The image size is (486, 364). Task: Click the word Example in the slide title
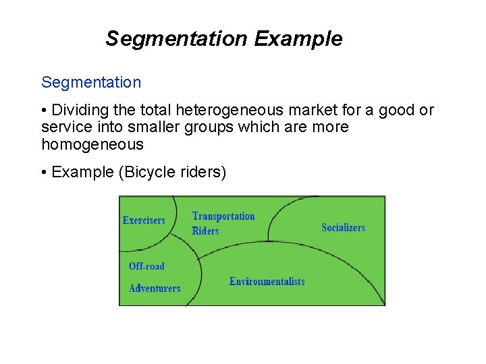pyautogui.click(x=298, y=39)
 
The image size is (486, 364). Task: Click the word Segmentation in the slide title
pyautogui.click(x=177, y=39)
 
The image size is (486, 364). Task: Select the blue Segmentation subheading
pyautogui.click(x=91, y=83)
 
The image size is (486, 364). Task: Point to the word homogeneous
pyautogui.click(x=92, y=144)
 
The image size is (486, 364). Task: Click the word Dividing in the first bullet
pyautogui.click(x=78, y=110)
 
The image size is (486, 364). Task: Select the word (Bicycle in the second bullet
pyautogui.click(x=146, y=173)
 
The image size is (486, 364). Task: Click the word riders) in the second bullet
pyautogui.click(x=203, y=173)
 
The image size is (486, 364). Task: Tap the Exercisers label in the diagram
pyautogui.click(x=144, y=220)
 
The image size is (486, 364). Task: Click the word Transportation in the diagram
pyautogui.click(x=223, y=216)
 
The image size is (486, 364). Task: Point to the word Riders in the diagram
pyautogui.click(x=205, y=231)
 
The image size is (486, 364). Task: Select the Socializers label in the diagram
pyautogui.click(x=343, y=228)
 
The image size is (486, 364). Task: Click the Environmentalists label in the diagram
pyautogui.click(x=267, y=281)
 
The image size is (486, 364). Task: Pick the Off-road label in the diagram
pyautogui.click(x=146, y=266)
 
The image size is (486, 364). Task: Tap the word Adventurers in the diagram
pyautogui.click(x=155, y=288)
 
